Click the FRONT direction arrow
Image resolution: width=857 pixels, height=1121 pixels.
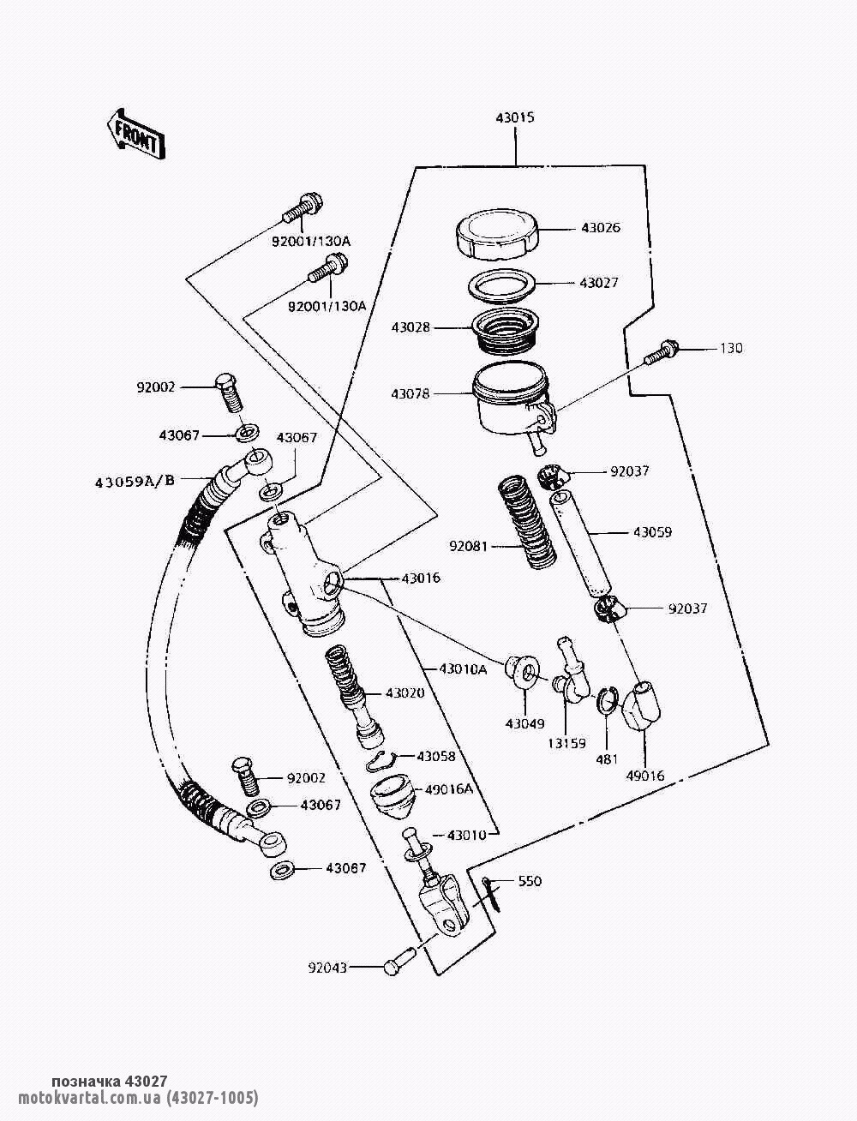click(x=135, y=134)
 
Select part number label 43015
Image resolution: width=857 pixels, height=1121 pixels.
click(x=514, y=117)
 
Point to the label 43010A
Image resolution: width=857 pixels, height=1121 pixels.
click(x=463, y=668)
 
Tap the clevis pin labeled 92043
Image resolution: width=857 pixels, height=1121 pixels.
click(x=398, y=965)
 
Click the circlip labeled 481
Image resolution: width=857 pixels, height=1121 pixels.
click(x=607, y=700)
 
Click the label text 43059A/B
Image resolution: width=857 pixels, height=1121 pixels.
click(x=135, y=480)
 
